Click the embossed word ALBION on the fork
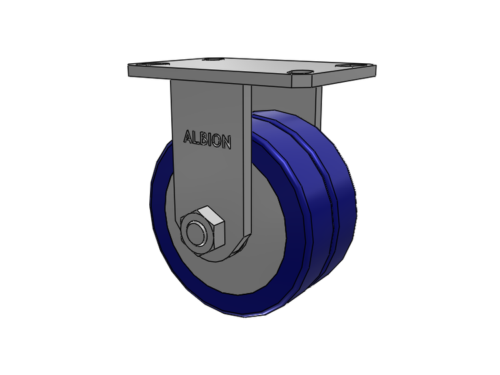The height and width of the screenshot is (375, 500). [x=207, y=139]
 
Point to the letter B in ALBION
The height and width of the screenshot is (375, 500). [x=203, y=139]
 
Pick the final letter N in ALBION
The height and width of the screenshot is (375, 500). [x=227, y=143]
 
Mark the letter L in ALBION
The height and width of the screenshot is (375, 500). [x=195, y=138]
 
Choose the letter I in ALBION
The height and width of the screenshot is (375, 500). [x=209, y=140]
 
